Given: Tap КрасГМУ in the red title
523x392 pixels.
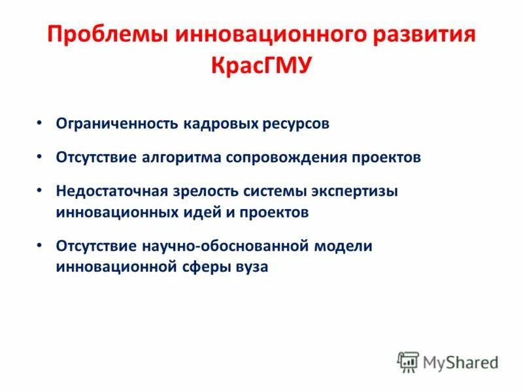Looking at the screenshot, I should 261,65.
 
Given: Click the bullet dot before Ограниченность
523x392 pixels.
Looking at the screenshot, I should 41,123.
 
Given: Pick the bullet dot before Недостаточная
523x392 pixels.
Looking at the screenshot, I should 41,191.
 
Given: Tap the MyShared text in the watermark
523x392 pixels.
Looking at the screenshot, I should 460,361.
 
